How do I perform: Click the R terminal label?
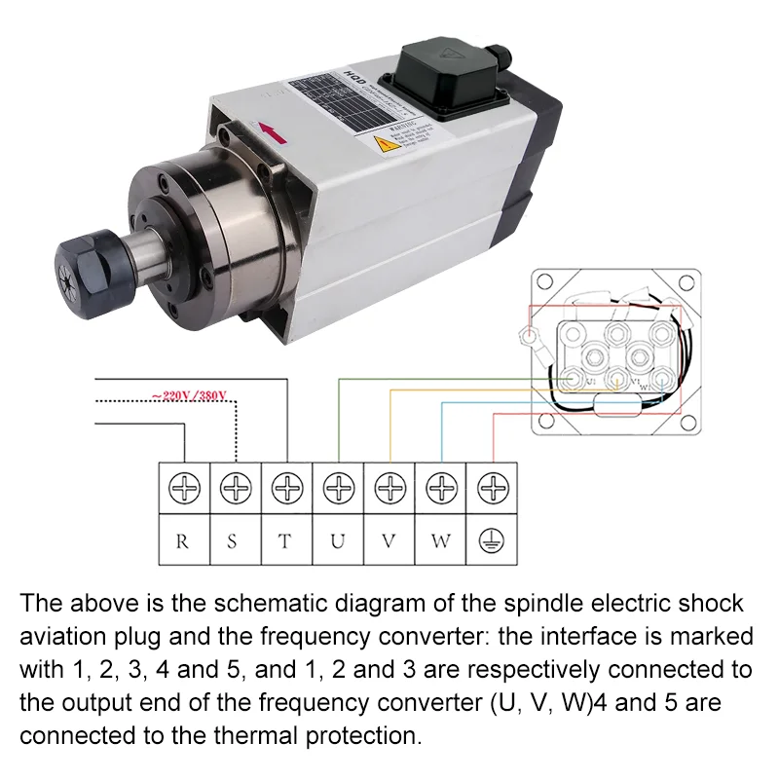click(182, 541)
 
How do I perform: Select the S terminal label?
click(234, 541)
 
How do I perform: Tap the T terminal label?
click(285, 541)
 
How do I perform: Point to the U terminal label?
click(337, 541)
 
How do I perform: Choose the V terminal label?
click(389, 541)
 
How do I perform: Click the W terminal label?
click(441, 541)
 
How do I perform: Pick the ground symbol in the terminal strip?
click(494, 541)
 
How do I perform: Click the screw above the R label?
click(183, 487)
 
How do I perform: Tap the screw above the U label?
click(338, 487)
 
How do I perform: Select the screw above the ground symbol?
click(494, 487)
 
